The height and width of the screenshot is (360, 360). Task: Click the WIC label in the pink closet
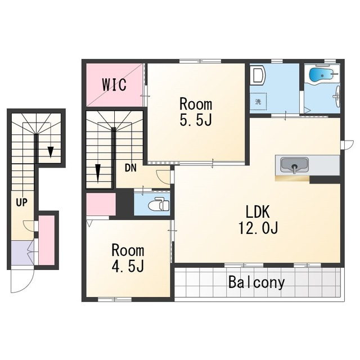114,85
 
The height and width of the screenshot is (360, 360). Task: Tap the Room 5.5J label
196,112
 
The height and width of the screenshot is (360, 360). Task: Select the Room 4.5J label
128,258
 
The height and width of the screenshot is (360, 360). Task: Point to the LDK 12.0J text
258,219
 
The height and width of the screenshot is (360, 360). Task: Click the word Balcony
256,282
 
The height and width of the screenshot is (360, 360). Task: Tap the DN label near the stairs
130,168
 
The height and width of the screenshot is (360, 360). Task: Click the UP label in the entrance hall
21,202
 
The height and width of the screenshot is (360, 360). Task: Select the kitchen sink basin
295,165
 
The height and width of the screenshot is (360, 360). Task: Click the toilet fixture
159,204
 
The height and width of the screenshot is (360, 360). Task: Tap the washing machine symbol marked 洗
258,102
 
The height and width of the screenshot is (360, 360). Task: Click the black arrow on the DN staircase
98,172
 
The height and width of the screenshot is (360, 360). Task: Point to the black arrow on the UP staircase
51,152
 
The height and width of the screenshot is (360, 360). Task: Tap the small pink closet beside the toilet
101,204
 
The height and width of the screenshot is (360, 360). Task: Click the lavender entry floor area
22,253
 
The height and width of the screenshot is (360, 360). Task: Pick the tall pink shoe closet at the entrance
47,240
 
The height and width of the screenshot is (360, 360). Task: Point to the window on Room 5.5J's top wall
200,61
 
